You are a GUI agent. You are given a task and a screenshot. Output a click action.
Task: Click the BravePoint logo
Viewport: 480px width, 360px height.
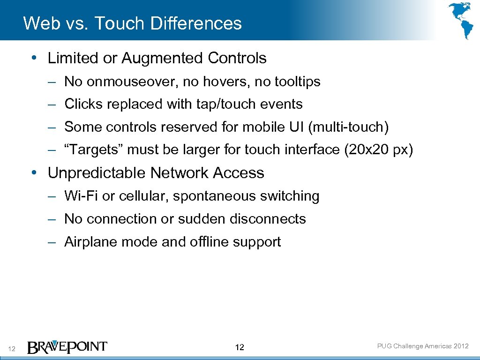coord(67,347)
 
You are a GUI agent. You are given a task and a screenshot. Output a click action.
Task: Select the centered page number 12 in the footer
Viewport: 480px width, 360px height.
coord(240,347)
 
